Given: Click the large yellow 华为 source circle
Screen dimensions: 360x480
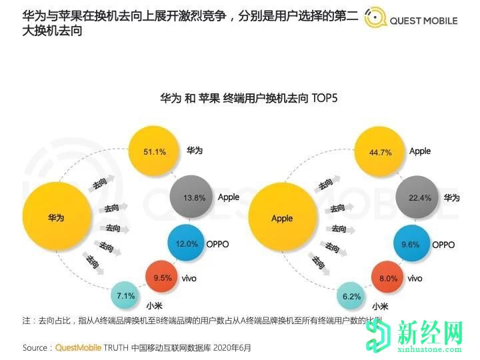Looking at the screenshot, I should coord(55,217).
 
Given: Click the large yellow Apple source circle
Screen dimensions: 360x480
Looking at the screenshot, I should coord(282,217).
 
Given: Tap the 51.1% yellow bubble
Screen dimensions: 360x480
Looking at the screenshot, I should coord(155,152).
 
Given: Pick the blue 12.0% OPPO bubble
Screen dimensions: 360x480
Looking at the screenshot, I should coord(187,244).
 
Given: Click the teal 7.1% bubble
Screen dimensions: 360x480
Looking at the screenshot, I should coord(126,295).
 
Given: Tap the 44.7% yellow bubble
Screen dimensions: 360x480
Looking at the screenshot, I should coord(381,152).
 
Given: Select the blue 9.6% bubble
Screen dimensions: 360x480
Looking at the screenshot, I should coord(411,244).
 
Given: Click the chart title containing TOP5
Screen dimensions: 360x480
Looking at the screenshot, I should coord(249,99).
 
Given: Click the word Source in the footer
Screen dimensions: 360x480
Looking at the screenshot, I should coord(35,348).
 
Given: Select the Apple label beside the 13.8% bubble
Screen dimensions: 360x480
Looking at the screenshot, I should coord(229,197).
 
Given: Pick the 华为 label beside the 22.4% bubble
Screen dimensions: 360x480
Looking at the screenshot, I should coord(452,198).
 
